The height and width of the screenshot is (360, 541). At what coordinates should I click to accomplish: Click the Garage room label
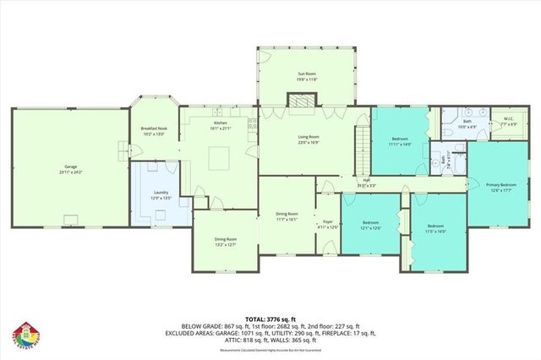click(x=69, y=169)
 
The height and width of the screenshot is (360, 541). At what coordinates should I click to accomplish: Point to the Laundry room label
click(x=160, y=194)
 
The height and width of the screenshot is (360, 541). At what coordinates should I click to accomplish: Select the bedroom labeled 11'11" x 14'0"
click(x=400, y=141)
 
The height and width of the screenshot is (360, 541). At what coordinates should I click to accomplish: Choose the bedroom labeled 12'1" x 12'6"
click(x=370, y=226)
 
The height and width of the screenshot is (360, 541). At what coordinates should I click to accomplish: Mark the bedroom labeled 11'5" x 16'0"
click(x=435, y=228)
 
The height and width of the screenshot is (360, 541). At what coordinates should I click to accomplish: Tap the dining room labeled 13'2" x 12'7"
click(x=225, y=243)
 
